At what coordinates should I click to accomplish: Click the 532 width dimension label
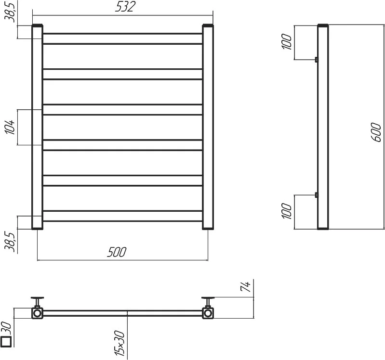(125, 7)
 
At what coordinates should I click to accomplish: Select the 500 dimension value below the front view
(117, 252)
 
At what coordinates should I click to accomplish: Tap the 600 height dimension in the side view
(376, 132)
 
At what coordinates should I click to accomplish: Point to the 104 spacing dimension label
(10, 127)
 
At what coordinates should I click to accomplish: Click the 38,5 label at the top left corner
(10, 12)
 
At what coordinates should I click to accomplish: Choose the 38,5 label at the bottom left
(10, 242)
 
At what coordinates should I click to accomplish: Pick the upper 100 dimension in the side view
(287, 42)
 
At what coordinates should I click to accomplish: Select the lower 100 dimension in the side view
(287, 211)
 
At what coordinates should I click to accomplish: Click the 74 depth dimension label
(246, 286)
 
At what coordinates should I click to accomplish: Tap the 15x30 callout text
(119, 343)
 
